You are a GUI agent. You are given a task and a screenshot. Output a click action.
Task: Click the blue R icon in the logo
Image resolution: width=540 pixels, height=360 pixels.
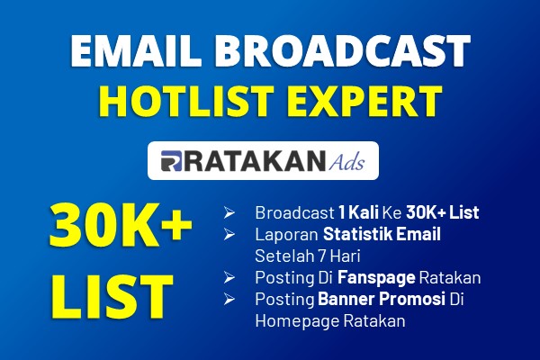pyautogui.click(x=171, y=161)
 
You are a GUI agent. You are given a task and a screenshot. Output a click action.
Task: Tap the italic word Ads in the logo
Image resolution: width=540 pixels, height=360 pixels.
pyautogui.click(x=346, y=162)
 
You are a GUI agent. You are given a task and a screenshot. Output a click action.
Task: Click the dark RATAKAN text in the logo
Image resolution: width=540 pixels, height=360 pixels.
pyautogui.click(x=255, y=161)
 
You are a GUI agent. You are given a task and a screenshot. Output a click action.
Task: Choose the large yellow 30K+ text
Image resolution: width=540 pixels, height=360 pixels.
pyautogui.click(x=121, y=225)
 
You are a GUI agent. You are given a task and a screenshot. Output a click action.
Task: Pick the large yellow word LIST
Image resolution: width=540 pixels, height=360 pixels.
pyautogui.click(x=112, y=297)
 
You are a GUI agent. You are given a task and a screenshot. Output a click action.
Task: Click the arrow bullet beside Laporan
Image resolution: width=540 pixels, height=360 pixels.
pyautogui.click(x=229, y=235)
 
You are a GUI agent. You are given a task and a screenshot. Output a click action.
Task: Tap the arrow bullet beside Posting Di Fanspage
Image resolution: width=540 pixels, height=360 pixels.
pyautogui.click(x=229, y=278)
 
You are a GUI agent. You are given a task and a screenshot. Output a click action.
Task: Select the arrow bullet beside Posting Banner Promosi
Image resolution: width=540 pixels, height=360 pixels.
pyautogui.click(x=229, y=299)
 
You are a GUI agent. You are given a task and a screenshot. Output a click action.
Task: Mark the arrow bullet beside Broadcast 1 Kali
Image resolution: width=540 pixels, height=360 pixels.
pyautogui.click(x=229, y=213)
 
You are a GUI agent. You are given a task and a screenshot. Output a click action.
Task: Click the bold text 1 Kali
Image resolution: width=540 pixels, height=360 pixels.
pyautogui.click(x=358, y=212)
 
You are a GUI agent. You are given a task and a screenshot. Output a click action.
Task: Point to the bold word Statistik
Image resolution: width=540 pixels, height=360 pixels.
pyautogui.click(x=358, y=234)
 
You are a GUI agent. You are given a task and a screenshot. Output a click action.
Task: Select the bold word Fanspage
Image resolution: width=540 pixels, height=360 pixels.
pyautogui.click(x=376, y=278)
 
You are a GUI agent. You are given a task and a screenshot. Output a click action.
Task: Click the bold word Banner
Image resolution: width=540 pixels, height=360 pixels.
pyautogui.click(x=346, y=299)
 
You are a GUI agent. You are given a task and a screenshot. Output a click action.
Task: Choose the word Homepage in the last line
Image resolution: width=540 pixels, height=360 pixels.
pyautogui.click(x=297, y=321)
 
